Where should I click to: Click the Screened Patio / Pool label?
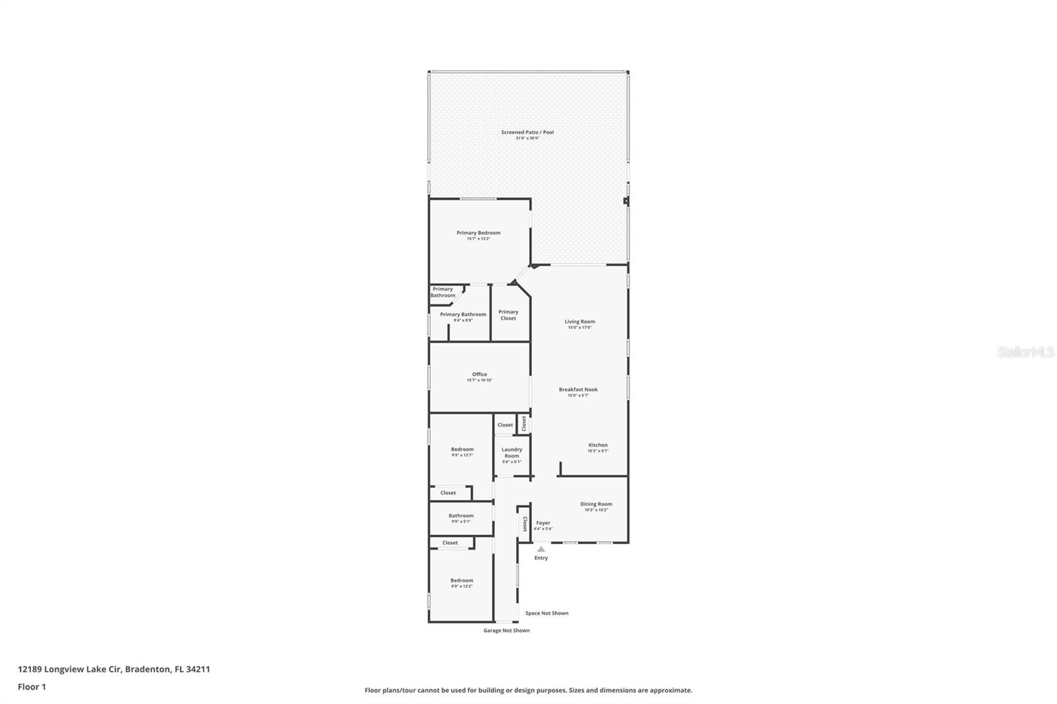click(527, 132)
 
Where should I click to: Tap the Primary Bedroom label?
click(478, 232)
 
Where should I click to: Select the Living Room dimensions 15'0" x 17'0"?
click(579, 328)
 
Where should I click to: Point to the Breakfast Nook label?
click(578, 390)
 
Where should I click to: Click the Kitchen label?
click(598, 445)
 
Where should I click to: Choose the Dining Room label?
click(596, 504)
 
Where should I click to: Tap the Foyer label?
click(543, 523)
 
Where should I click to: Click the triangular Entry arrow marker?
click(541, 549)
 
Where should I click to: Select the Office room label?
click(480, 374)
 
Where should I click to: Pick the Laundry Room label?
click(511, 452)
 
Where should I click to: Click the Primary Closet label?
click(508, 315)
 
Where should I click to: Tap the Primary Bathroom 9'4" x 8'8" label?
click(463, 315)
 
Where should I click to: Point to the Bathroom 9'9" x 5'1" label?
click(461, 516)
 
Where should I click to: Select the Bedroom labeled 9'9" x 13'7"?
click(462, 450)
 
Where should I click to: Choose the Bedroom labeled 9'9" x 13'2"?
click(462, 581)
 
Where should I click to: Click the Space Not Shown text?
click(546, 613)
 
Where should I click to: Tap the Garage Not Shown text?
click(506, 630)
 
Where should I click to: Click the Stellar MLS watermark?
click(1025, 352)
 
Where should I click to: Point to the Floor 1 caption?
click(32, 687)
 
